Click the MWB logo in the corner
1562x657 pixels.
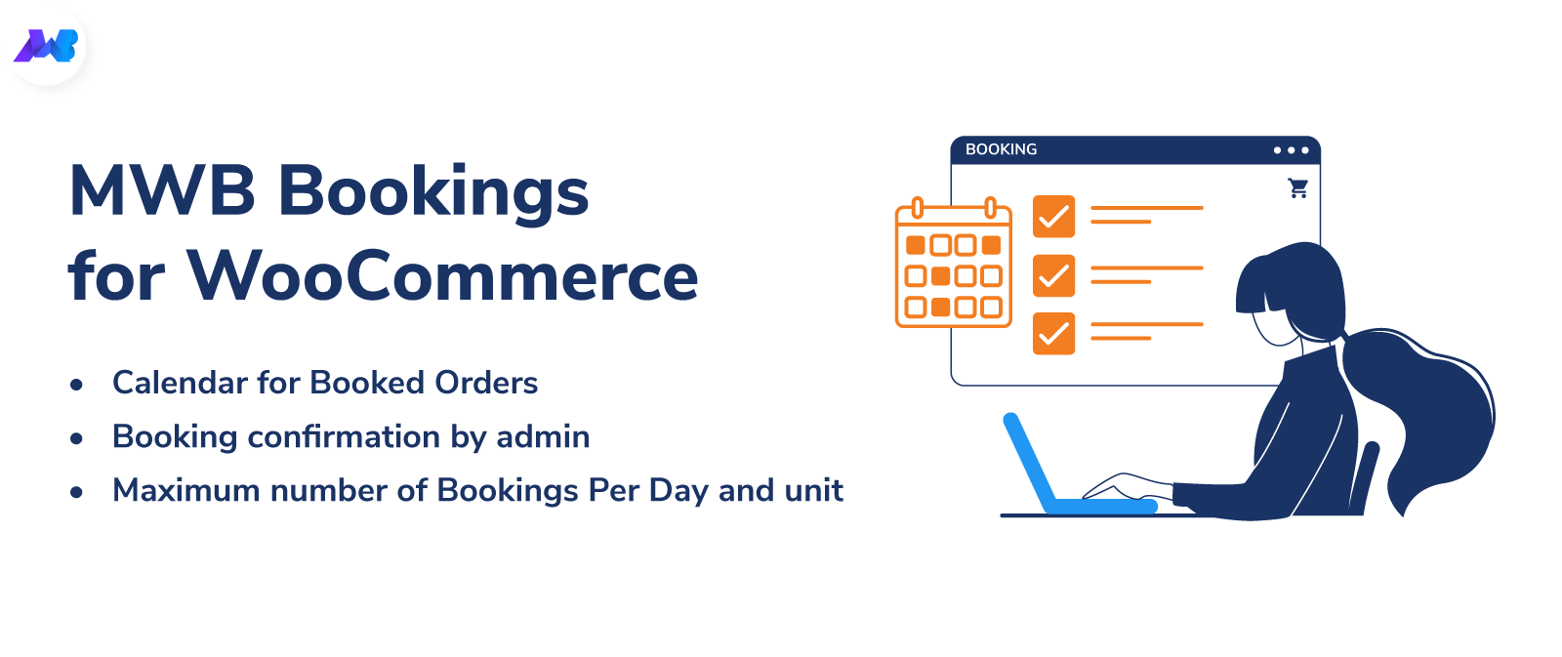coord(46,46)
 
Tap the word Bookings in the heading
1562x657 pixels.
coord(433,194)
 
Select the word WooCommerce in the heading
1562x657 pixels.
coord(443,277)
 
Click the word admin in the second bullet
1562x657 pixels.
coord(543,436)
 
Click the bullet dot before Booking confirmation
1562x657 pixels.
coord(77,438)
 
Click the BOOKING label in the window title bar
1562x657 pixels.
coord(1001,149)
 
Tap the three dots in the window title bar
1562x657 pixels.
coord(1291,150)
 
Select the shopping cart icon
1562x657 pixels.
coord(1297,188)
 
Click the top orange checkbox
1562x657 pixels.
coord(1053,216)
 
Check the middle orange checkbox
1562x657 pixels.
coord(1053,275)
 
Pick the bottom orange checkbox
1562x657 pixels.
coord(1053,334)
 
